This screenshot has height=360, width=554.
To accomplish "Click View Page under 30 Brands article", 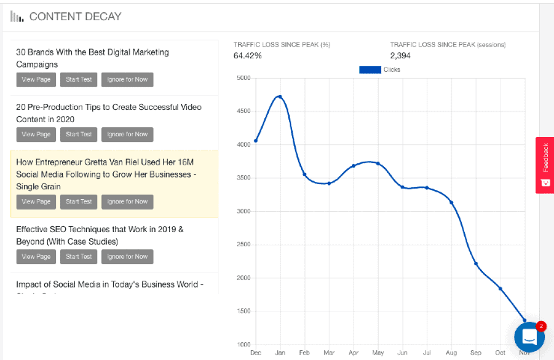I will point(36,80).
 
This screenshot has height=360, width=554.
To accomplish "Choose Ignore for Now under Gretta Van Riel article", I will point(127,201).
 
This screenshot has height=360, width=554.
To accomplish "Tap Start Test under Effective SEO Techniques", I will point(78,257).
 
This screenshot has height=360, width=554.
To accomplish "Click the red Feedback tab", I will point(545,165).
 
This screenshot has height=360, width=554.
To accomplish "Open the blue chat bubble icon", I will point(529,338).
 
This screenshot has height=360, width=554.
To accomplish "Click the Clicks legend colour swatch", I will point(370,70).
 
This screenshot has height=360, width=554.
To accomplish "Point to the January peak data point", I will point(279,97).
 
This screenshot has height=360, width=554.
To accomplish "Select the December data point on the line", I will point(255,141).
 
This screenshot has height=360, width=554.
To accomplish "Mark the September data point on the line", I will point(475,263).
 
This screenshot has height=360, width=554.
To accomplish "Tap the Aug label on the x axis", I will point(451,353).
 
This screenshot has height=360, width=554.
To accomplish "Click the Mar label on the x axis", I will point(328,353).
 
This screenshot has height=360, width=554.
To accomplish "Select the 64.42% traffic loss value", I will point(248,55).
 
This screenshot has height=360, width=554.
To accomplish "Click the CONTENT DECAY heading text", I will point(75,16).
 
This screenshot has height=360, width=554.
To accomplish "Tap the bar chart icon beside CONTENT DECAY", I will point(16,16).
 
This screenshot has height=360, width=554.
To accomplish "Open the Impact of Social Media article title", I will point(109,284).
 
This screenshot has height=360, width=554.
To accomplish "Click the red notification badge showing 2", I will point(541,326).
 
